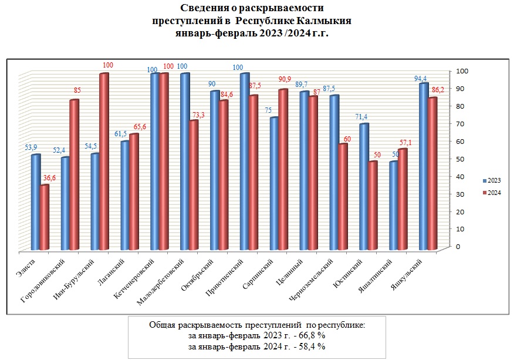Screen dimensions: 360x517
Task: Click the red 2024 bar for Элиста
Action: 44,217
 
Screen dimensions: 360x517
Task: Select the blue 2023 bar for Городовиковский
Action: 65,203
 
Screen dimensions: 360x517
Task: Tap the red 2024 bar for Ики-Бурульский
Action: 104,162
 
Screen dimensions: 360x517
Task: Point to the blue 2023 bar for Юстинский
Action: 364,187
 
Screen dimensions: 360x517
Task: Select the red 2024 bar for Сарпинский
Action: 283,170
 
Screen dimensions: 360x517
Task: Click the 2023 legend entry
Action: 491,180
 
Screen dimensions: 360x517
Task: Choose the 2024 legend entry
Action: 491,193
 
